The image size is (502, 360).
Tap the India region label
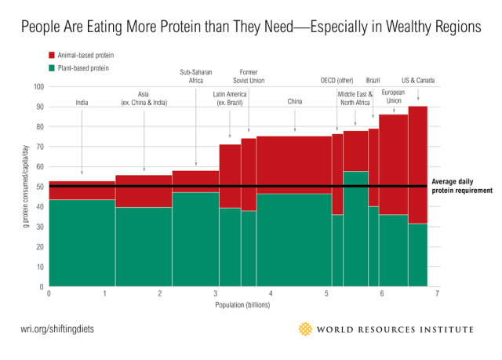coord(82,103)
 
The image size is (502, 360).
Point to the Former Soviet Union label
coord(249,76)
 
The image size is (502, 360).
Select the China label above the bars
coord(295,103)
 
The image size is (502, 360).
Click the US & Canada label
coord(417,80)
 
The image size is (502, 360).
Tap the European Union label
coord(393,97)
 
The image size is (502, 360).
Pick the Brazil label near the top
coord(373,80)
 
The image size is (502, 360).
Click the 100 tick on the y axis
coord(38,86)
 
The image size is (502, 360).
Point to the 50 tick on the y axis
coord(40,187)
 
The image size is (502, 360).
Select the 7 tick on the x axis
coord(437,294)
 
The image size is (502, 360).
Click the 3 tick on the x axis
coord(215,294)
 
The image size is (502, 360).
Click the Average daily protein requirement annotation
coord(462,186)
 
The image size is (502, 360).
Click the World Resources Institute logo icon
coord(306,329)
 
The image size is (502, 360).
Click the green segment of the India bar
coord(82,243)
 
